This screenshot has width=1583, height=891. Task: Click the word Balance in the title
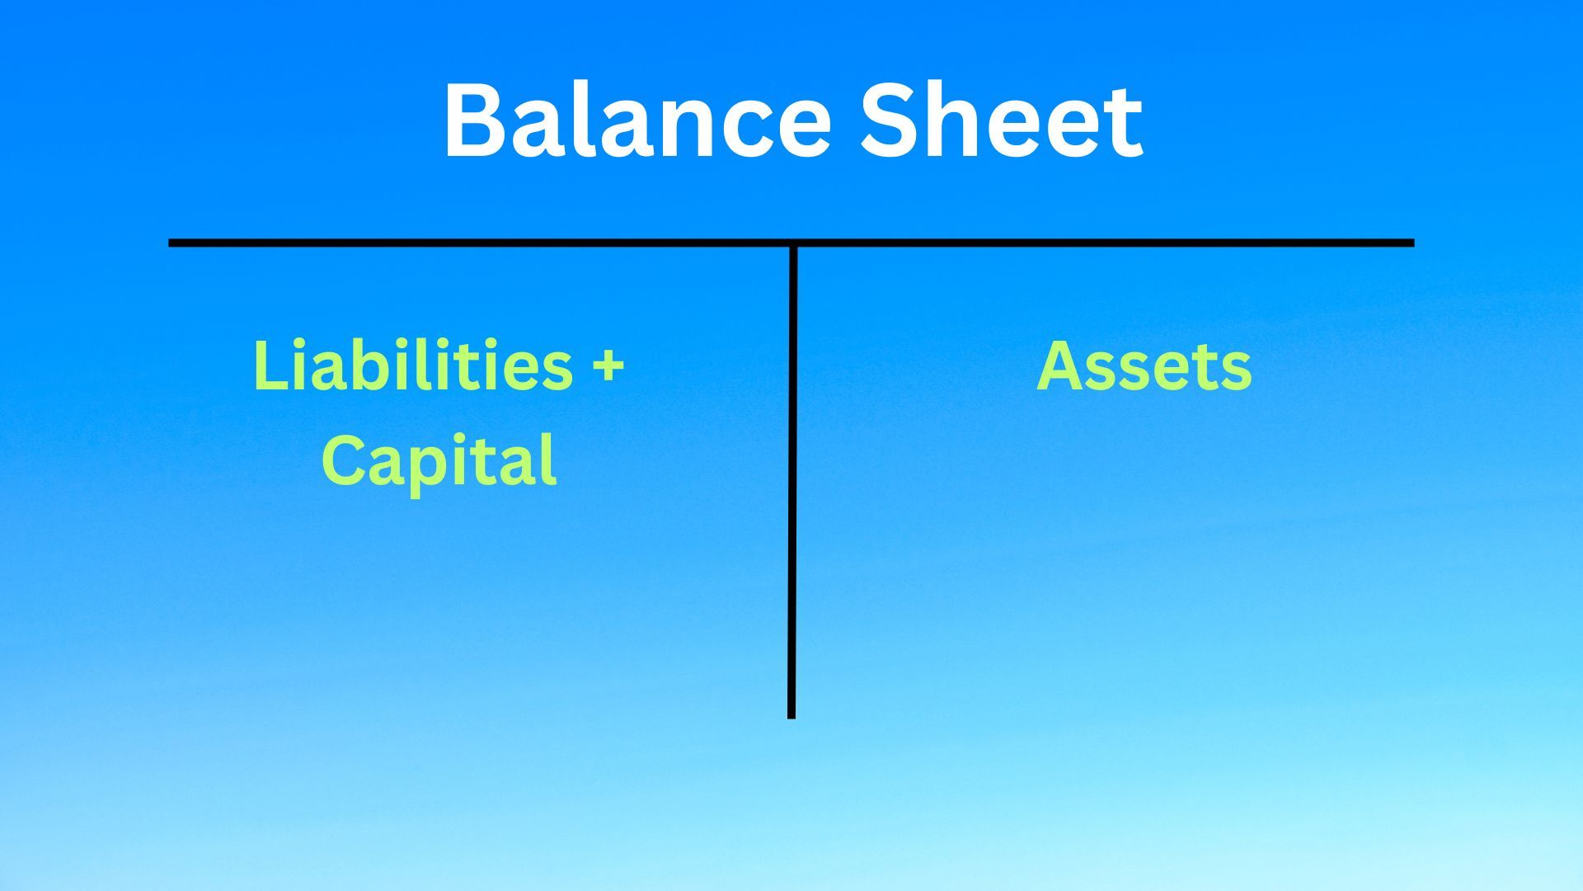coord(637,120)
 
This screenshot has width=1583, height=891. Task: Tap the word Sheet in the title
coord(1002,120)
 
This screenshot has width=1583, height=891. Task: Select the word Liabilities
coord(412,365)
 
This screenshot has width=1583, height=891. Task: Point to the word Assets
coord(1144,365)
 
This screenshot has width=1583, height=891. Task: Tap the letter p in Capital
coord(436,471)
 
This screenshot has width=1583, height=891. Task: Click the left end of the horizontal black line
coord(170,243)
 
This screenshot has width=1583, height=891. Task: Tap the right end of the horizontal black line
coord(1413,243)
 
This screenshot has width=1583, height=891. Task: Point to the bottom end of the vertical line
coord(791,718)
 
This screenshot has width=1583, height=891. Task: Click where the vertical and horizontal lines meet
coord(791,243)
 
